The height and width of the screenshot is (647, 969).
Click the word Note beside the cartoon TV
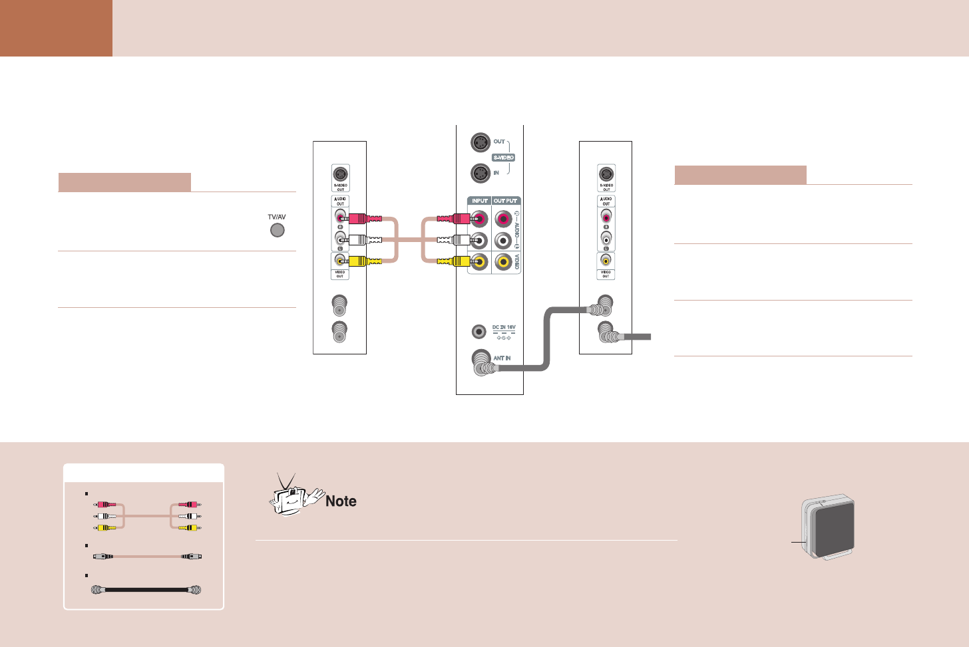[341, 501]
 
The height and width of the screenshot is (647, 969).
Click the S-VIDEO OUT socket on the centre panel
[480, 142]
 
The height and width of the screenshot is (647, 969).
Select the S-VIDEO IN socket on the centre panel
[480, 173]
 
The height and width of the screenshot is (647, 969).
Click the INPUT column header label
[480, 201]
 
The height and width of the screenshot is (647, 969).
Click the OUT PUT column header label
[506, 201]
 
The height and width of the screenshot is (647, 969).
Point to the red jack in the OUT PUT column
[504, 218]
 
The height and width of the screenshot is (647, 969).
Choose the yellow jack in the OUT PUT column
[504, 262]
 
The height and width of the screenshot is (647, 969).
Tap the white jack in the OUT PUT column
[504, 240]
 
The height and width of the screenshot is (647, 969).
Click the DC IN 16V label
[504, 327]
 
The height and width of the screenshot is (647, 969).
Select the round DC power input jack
[479, 330]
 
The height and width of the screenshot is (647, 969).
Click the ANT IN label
[502, 358]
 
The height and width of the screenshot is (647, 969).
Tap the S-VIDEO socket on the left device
[340, 174]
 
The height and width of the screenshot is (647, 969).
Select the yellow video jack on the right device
[606, 260]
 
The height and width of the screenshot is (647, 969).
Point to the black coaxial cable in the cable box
[146, 590]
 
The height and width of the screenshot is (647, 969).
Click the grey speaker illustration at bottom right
[829, 527]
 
